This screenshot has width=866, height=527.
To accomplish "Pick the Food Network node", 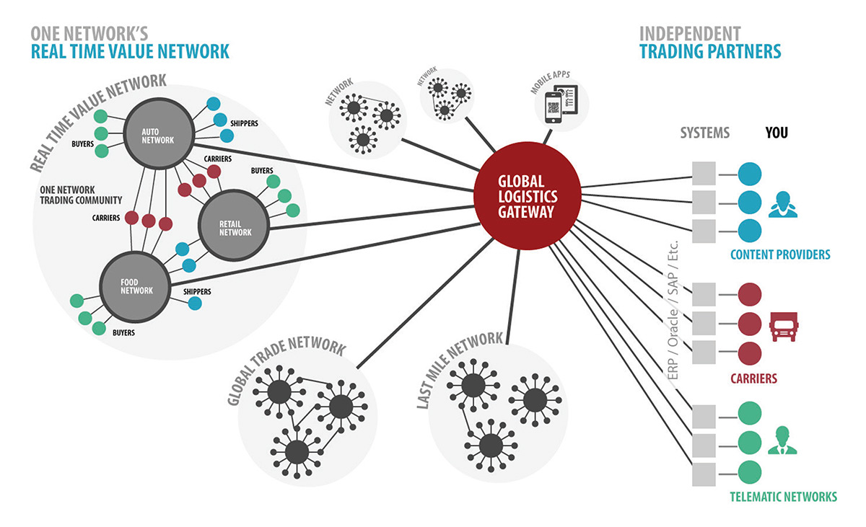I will point(136,285).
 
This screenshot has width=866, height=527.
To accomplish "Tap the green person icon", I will point(782,441).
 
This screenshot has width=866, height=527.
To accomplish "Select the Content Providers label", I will point(780,254).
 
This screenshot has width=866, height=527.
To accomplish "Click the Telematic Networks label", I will point(783,496).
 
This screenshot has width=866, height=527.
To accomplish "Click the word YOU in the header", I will point(777,133).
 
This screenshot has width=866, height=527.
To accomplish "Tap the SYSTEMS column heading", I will point(705,133).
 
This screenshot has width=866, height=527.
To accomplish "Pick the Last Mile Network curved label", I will point(458,368).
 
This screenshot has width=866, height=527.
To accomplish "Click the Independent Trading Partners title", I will point(710,43).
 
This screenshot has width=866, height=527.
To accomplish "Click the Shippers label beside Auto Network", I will point(244,123).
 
